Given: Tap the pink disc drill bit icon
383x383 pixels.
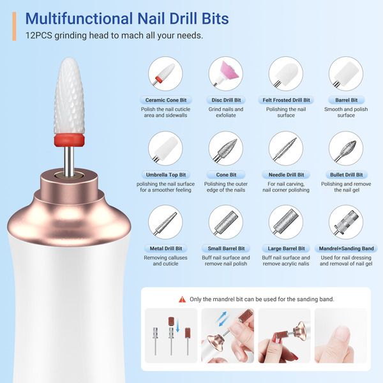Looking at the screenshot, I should pyautogui.click(x=225, y=73).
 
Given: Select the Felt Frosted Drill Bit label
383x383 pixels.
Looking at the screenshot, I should pyautogui.click(x=286, y=100).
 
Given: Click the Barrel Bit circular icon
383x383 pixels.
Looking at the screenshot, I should pyautogui.click(x=346, y=73).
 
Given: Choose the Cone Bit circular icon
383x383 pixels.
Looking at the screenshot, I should pyautogui.click(x=225, y=148).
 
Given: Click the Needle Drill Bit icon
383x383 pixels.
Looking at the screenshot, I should pyautogui.click(x=286, y=148).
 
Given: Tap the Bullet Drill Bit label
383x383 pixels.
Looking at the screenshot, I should pyautogui.click(x=346, y=175).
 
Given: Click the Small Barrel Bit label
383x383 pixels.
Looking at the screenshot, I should pyautogui.click(x=225, y=249).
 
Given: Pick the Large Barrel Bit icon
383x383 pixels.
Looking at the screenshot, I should pyautogui.click(x=286, y=222).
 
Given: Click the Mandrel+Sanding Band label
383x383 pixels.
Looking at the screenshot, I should pyautogui.click(x=346, y=249).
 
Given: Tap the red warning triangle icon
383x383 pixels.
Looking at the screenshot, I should pyautogui.click(x=183, y=299).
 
